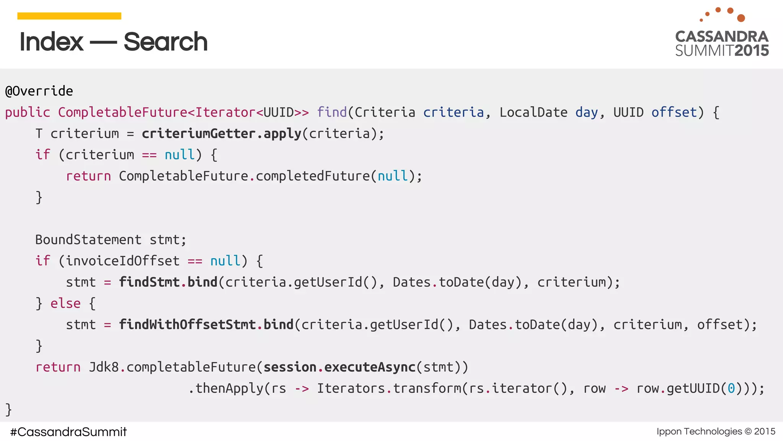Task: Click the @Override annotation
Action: (x=39, y=91)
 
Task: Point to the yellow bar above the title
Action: (x=69, y=16)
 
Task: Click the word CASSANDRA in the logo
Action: (x=721, y=37)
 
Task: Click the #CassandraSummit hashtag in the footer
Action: (x=68, y=432)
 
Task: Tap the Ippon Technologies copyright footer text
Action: (x=716, y=431)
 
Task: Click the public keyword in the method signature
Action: (x=28, y=113)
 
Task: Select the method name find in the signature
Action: (x=331, y=113)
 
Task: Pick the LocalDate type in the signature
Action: (x=533, y=113)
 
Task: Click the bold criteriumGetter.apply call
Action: (x=221, y=134)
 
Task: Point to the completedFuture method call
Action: (x=313, y=176)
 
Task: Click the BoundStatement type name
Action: (x=88, y=240)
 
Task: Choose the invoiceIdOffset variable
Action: (x=122, y=261)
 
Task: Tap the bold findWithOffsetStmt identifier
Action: (x=187, y=325)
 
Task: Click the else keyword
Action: (x=65, y=304)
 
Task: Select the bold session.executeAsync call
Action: (x=339, y=367)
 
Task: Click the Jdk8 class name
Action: (x=104, y=367)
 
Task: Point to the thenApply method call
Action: (x=229, y=389)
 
